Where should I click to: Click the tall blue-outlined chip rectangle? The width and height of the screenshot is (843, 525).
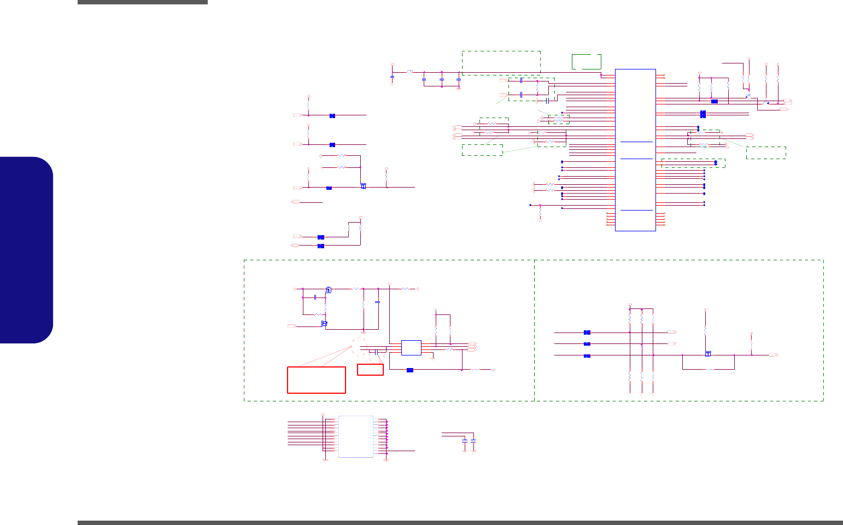635,150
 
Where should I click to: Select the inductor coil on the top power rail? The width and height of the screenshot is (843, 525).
409,72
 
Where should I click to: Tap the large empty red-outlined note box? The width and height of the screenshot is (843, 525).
317,380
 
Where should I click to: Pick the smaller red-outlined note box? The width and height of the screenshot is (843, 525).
370,369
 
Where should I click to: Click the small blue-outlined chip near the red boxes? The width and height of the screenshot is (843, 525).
411,347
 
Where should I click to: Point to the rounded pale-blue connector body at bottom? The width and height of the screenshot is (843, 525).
356,436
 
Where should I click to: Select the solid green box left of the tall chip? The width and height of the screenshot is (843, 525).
586,61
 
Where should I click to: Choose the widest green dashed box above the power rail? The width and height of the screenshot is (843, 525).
501,62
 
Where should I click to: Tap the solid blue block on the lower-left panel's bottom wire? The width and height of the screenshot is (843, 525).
410,370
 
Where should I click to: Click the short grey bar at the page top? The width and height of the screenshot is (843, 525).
143,2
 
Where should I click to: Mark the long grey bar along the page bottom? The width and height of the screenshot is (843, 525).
460,522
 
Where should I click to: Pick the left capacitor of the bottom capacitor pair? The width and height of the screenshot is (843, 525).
465,440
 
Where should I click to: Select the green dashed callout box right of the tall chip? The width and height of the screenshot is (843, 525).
766,153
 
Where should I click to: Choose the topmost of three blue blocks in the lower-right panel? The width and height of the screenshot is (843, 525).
587,332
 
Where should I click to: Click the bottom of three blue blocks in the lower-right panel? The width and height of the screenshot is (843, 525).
587,356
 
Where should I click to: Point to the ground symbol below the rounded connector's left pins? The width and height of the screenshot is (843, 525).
325,460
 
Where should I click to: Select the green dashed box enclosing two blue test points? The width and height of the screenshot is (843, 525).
693,163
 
